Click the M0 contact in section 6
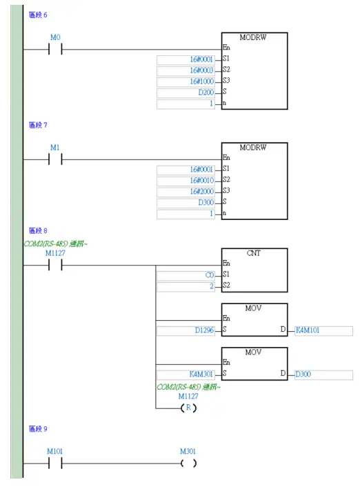click(55, 49)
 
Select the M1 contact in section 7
click(55, 159)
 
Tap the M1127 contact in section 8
click(55, 264)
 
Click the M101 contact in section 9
click(55, 463)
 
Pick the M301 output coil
click(188, 463)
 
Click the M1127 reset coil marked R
click(188, 408)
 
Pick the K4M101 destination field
click(323, 330)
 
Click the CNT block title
click(253, 253)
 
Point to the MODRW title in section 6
click(253, 38)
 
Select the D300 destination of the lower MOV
click(323, 375)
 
